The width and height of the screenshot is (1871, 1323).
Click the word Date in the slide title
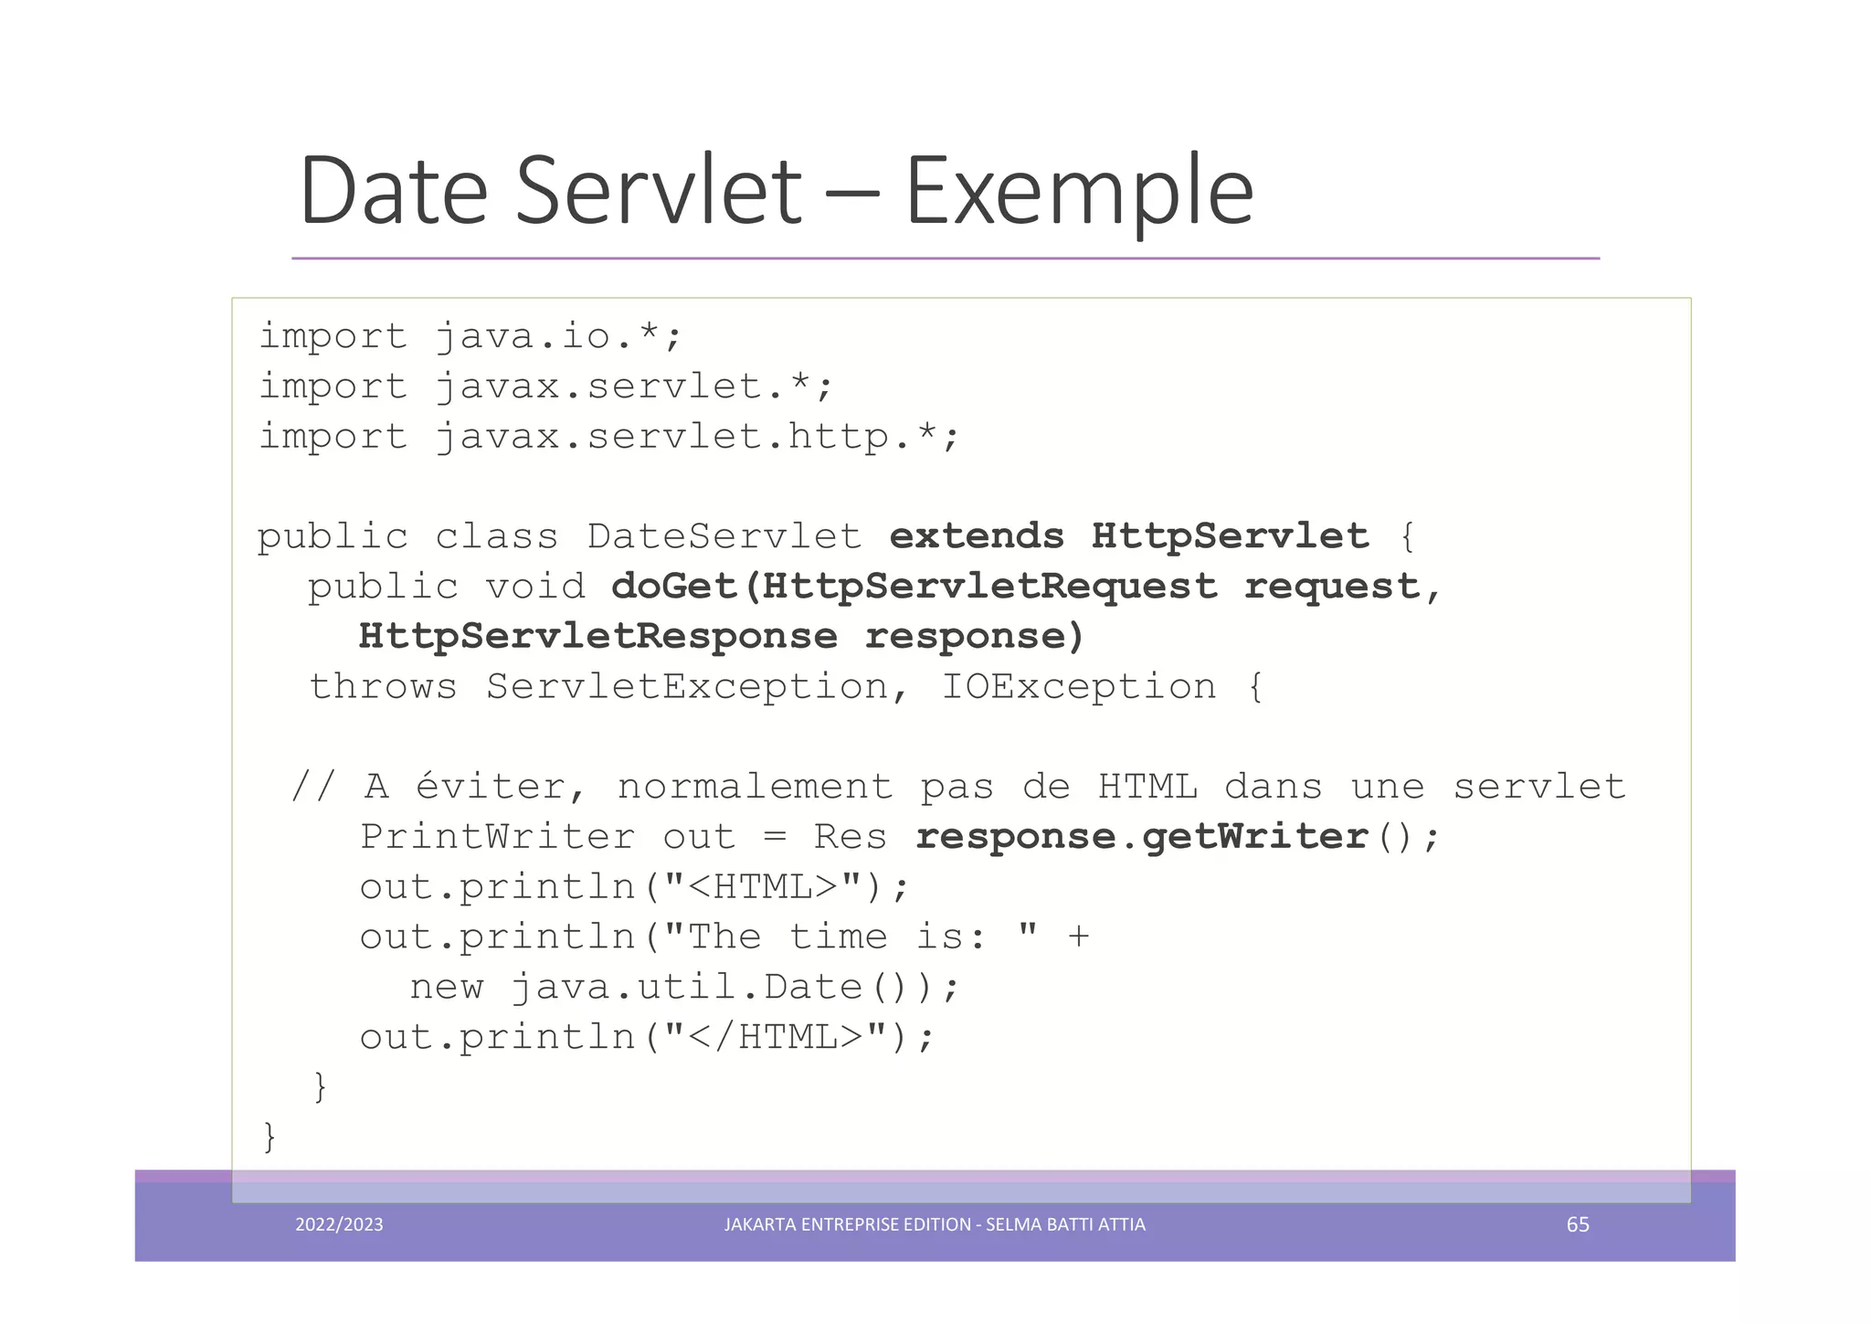pyautogui.click(x=394, y=192)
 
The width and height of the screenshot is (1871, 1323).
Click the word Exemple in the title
pyautogui.click(x=1078, y=192)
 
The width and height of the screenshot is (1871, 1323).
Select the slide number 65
pyautogui.click(x=1578, y=1224)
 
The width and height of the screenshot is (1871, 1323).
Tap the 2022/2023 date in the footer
pyautogui.click(x=339, y=1224)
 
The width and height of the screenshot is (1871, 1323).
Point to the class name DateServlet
pyautogui.click(x=724, y=536)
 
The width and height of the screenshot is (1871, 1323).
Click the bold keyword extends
pyautogui.click(x=977, y=536)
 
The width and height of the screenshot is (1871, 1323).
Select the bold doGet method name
pyautogui.click(x=674, y=587)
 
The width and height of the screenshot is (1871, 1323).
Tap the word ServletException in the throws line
pyautogui.click(x=687, y=687)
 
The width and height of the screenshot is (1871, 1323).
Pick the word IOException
pyautogui.click(x=1078, y=687)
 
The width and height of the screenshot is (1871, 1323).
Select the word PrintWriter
pyautogui.click(x=497, y=837)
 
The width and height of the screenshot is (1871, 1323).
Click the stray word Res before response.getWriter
pyautogui.click(x=850, y=837)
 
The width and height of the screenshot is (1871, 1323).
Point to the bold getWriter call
pyautogui.click(x=1253, y=837)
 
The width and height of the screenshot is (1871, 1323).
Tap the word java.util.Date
pyautogui.click(x=686, y=988)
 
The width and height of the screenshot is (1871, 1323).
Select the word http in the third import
pyautogui.click(x=837, y=437)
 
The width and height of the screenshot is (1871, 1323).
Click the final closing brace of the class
pyautogui.click(x=269, y=1138)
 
